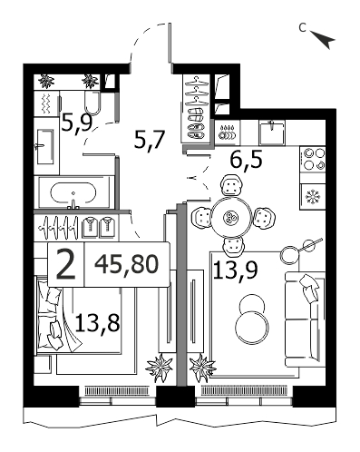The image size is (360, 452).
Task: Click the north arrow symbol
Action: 325,39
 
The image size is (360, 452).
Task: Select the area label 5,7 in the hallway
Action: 149,140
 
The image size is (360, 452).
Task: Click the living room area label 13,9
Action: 236,270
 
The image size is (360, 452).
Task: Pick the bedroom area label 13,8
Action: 97,322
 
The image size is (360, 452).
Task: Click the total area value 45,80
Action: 127,264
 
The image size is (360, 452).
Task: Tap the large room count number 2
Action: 65,265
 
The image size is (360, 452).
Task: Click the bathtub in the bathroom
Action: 73,192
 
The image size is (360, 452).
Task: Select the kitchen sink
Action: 272,133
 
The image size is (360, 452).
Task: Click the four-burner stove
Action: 313,160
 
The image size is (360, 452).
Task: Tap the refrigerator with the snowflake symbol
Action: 313,197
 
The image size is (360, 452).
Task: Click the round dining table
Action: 231,217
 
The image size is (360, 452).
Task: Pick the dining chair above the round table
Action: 231,185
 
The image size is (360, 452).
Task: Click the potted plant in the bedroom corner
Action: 160,367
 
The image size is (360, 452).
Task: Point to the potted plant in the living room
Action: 202,368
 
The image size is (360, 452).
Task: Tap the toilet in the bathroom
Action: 92,102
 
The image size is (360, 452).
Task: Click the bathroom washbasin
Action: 45,146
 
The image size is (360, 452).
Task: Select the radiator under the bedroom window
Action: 117,391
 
